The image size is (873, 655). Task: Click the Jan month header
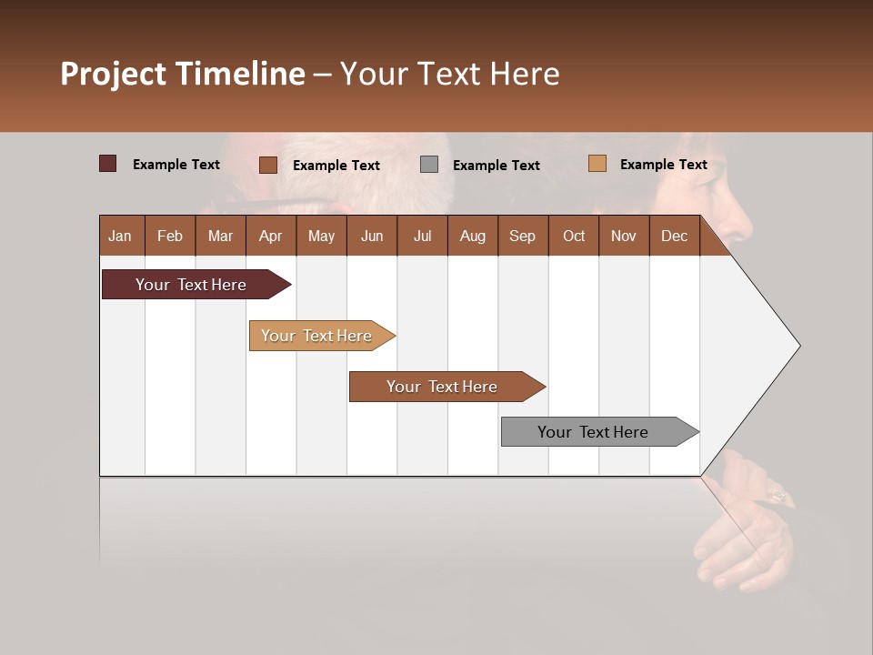pyautogui.click(x=121, y=236)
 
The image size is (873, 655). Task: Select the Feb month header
pyautogui.click(x=170, y=236)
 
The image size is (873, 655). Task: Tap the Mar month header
pyautogui.click(x=220, y=236)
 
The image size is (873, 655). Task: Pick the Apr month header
pyautogui.click(x=271, y=236)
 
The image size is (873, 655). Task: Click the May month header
pyautogui.click(x=321, y=236)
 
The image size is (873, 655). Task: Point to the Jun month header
pyautogui.click(x=372, y=236)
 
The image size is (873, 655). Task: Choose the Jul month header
pyautogui.click(x=422, y=236)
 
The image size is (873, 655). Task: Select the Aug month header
pyautogui.click(x=473, y=236)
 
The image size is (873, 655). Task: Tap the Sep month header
pyautogui.click(x=523, y=236)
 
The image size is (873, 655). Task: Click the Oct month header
pyautogui.click(x=574, y=236)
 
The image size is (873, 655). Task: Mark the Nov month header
pyautogui.click(x=624, y=236)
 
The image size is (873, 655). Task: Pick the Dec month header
pyautogui.click(x=675, y=236)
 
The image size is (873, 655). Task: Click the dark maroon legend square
pyautogui.click(x=108, y=164)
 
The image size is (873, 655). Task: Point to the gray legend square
pyautogui.click(x=429, y=164)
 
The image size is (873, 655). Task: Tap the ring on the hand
pyautogui.click(x=778, y=496)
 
